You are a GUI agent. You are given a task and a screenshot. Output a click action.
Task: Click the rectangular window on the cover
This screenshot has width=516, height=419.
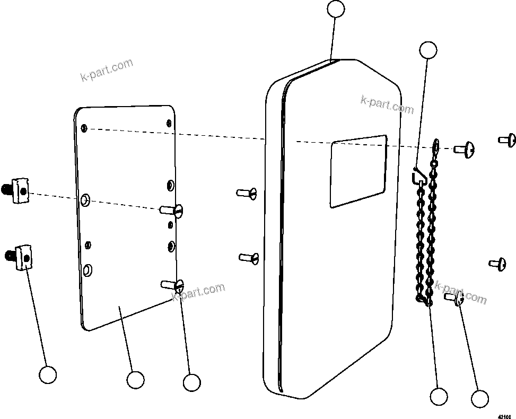[x=358, y=171]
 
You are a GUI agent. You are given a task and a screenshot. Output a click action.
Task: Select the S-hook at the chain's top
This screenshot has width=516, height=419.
[x=418, y=176]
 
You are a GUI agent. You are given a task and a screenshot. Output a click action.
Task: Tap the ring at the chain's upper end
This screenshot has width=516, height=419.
[x=436, y=145]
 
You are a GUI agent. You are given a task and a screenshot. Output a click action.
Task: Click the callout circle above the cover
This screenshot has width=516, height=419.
[x=336, y=9]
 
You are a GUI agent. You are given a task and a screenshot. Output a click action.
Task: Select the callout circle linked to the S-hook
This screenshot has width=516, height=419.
[x=428, y=50]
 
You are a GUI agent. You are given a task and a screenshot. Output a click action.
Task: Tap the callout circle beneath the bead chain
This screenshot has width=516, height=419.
[x=439, y=397]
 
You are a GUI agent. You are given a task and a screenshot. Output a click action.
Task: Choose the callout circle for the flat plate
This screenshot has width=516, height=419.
[x=135, y=380]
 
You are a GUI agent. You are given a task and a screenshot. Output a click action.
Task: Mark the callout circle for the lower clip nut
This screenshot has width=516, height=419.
[x=48, y=375]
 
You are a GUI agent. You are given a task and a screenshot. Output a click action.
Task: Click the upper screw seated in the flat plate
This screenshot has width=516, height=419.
[x=173, y=211]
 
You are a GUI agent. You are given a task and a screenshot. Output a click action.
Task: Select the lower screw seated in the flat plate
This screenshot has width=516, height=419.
[x=173, y=285]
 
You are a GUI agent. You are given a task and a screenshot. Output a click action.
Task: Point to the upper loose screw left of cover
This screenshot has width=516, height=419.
[x=247, y=193]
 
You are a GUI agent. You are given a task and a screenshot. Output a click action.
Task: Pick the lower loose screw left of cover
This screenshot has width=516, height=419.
[x=249, y=258]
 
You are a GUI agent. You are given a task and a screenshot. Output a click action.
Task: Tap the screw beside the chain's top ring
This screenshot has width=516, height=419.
[x=464, y=150]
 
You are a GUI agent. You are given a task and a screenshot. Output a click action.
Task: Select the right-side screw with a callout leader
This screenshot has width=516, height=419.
[x=457, y=300]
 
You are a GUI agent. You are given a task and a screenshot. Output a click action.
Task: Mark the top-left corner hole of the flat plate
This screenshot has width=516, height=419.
[x=84, y=128]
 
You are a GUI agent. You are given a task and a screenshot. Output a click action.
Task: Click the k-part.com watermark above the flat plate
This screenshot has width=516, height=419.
[x=107, y=71]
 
